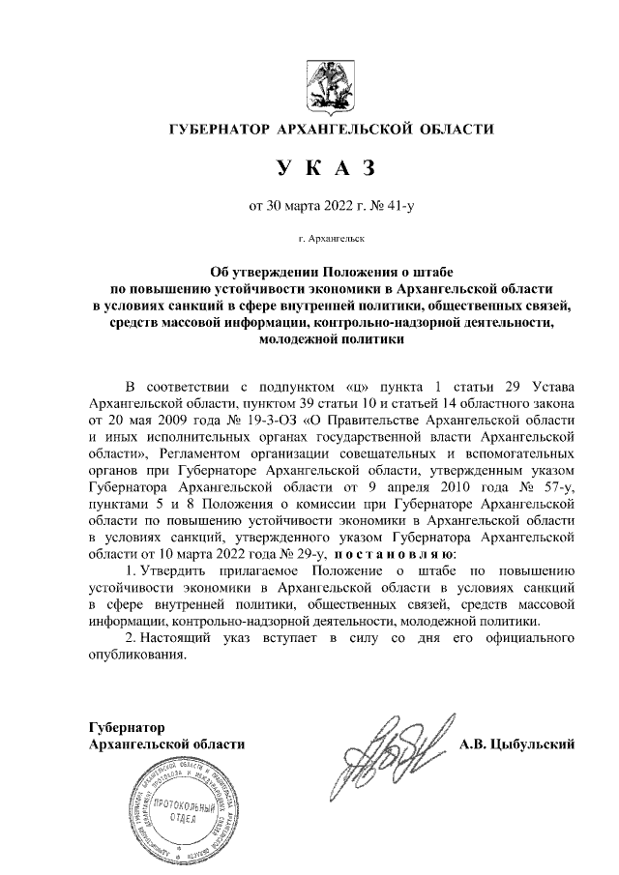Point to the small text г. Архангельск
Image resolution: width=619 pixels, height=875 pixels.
(x=330, y=236)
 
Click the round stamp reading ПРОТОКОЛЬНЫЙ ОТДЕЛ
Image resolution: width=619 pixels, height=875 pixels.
(x=175, y=806)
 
